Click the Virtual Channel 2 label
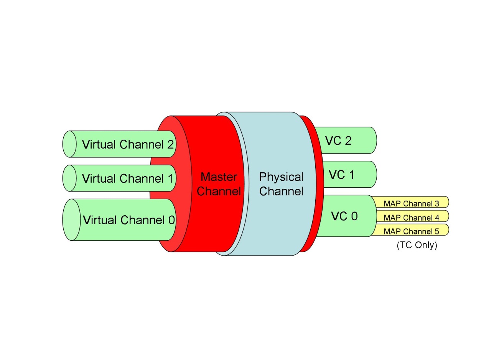(128, 145)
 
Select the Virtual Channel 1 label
(128, 178)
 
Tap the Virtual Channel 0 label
(128, 220)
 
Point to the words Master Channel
(219, 184)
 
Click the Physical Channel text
(281, 184)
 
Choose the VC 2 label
(338, 140)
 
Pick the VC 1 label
(341, 175)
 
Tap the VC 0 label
(344, 216)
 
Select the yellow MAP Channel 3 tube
(411, 203)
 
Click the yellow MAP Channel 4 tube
(411, 217)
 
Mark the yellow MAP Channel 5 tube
(411, 231)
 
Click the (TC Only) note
(417, 245)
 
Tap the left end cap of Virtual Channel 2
(69, 144)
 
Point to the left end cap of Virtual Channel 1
(69, 178)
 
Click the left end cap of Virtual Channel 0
(71, 220)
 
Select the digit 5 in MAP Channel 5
(437, 231)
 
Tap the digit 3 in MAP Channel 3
(437, 203)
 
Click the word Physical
(281, 177)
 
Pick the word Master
(219, 177)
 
